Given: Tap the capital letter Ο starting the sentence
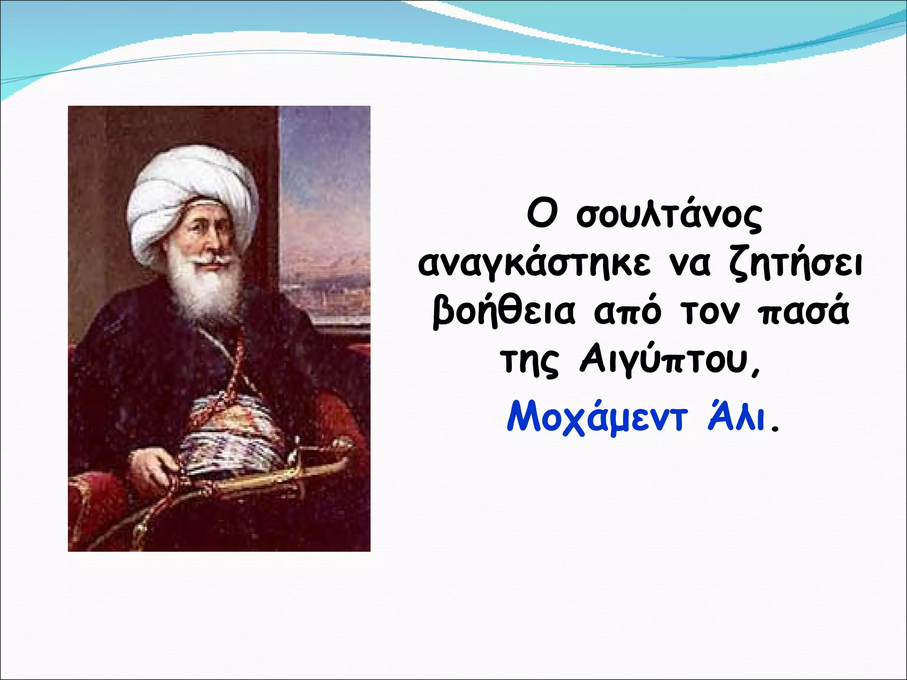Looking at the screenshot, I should click(x=541, y=215).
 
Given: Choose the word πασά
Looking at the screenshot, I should click(x=803, y=313).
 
